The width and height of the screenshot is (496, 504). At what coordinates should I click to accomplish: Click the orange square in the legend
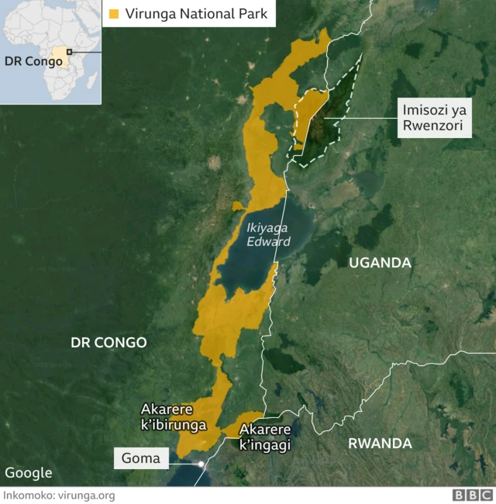(114, 13)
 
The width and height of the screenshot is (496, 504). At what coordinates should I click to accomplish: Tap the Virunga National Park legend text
(196, 13)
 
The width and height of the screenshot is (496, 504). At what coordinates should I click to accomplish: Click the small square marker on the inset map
(69, 52)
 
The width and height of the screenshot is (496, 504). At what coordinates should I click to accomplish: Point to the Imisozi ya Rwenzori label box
(434, 119)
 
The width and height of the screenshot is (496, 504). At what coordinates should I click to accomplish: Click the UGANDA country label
(380, 263)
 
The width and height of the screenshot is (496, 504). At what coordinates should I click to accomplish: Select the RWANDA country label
(380, 444)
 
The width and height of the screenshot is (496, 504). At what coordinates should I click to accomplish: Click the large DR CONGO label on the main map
(108, 342)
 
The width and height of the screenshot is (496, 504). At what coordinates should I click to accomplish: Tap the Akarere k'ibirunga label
(173, 417)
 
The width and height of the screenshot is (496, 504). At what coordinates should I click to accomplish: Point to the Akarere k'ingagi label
(265, 437)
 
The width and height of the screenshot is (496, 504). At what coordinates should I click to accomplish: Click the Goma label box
(140, 458)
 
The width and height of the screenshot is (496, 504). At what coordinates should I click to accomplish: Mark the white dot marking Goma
(201, 464)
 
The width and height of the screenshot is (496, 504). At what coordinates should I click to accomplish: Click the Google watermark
(29, 473)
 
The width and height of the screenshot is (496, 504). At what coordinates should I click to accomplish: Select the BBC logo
(472, 495)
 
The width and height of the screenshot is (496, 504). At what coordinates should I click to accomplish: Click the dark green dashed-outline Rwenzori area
(325, 124)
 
